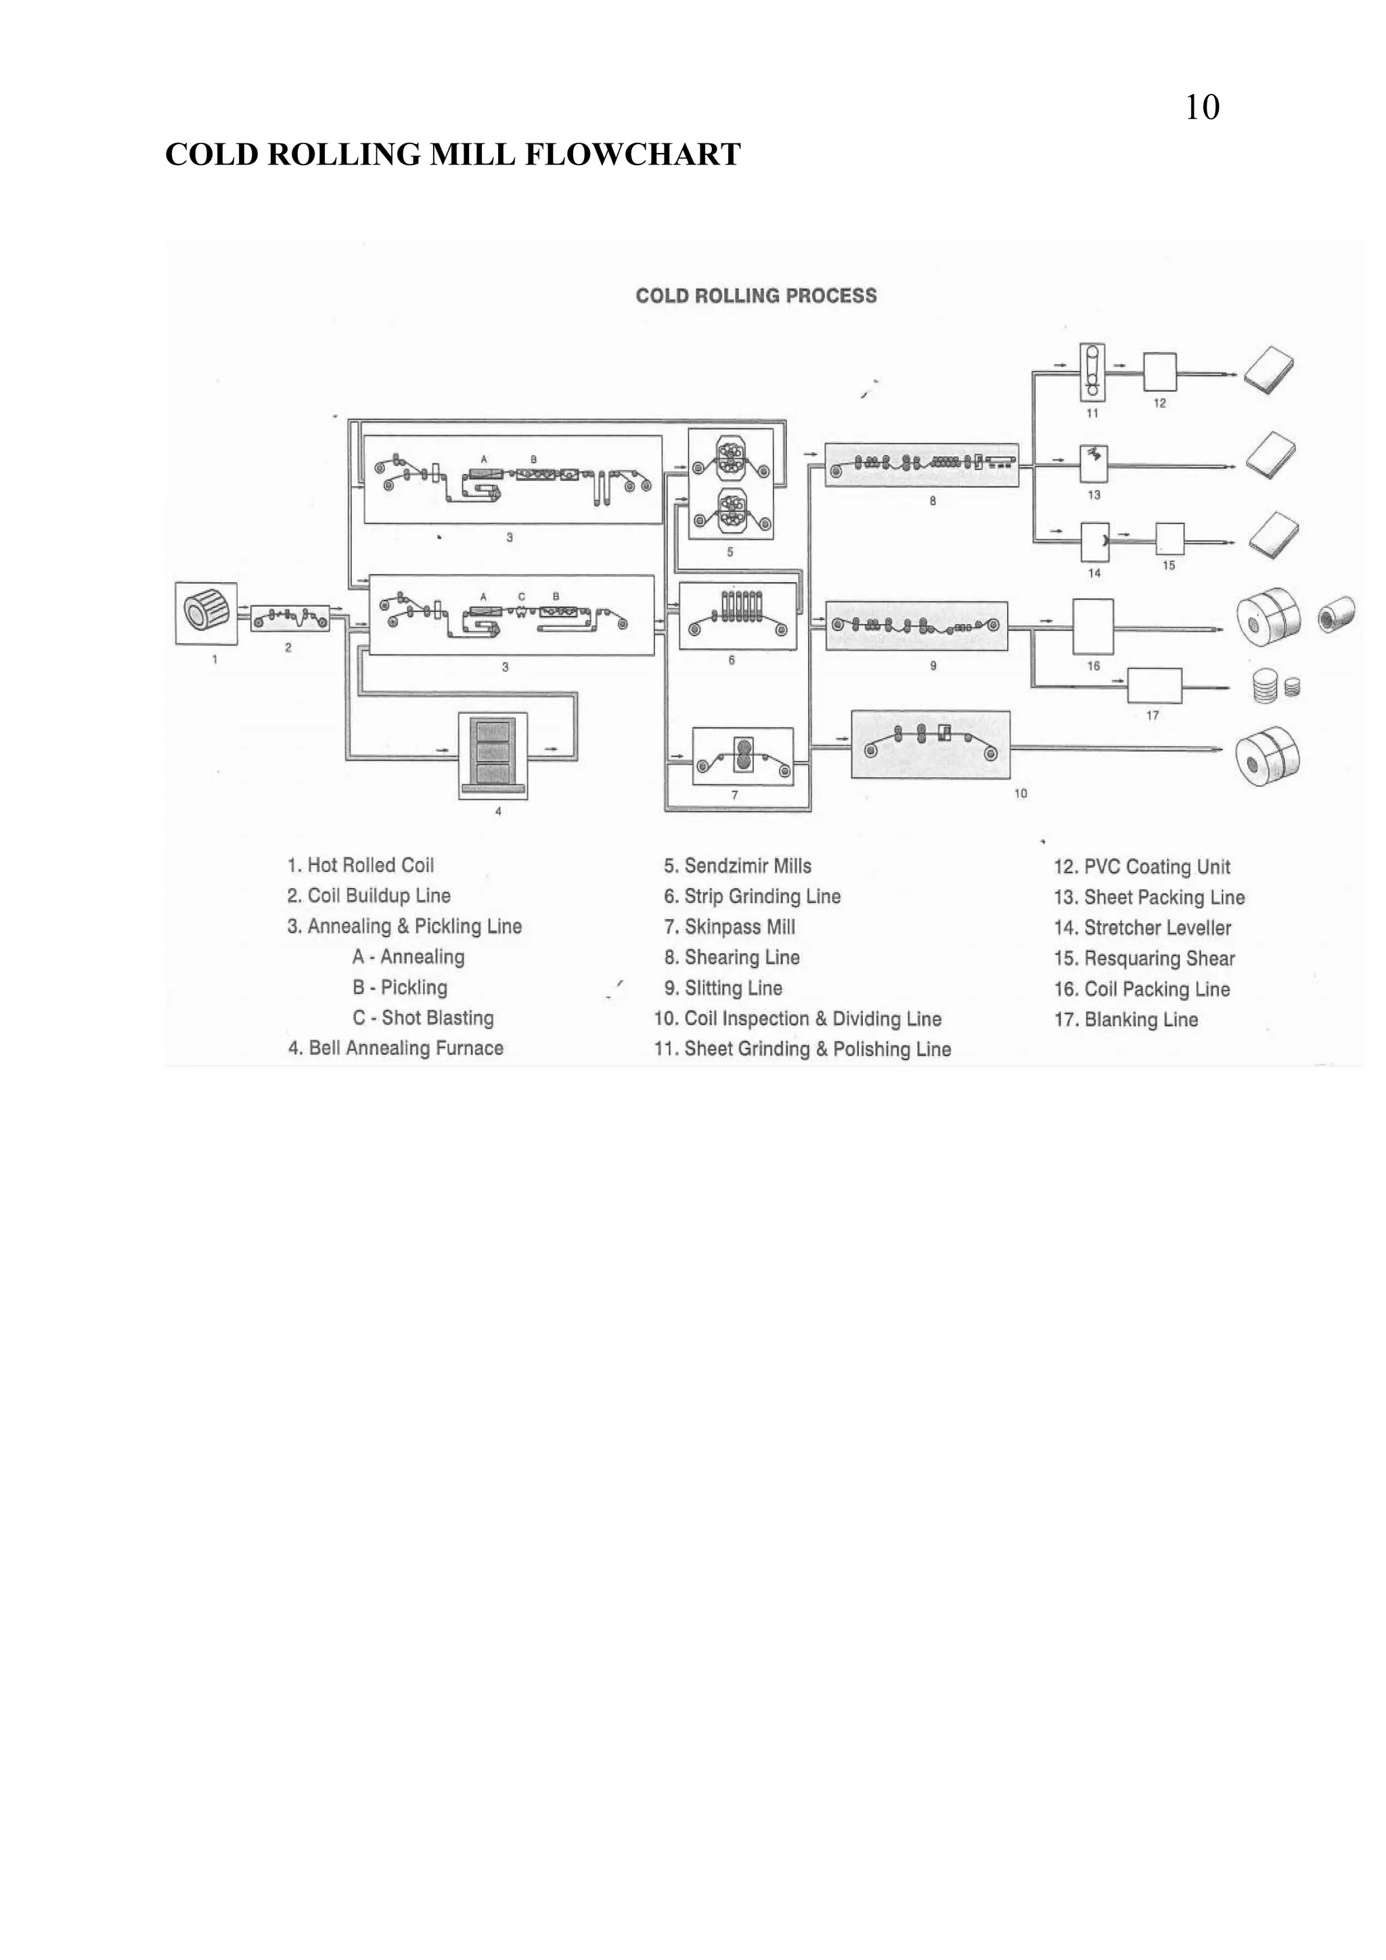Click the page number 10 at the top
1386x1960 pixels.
(x=1202, y=108)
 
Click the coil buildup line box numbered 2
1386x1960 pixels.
(x=290, y=617)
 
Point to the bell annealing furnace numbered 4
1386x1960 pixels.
(x=493, y=755)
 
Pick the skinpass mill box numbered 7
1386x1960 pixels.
(x=742, y=755)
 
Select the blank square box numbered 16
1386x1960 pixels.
(x=1092, y=627)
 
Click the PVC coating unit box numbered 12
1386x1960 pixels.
(x=1159, y=372)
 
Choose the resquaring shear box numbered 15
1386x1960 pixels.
(x=1169, y=539)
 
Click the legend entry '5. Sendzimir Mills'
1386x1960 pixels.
(x=738, y=866)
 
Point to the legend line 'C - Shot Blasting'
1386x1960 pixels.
(x=423, y=1017)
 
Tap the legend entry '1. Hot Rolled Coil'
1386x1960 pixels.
(x=360, y=865)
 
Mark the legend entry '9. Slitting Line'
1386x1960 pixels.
(x=723, y=987)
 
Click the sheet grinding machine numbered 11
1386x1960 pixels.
(x=1092, y=372)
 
